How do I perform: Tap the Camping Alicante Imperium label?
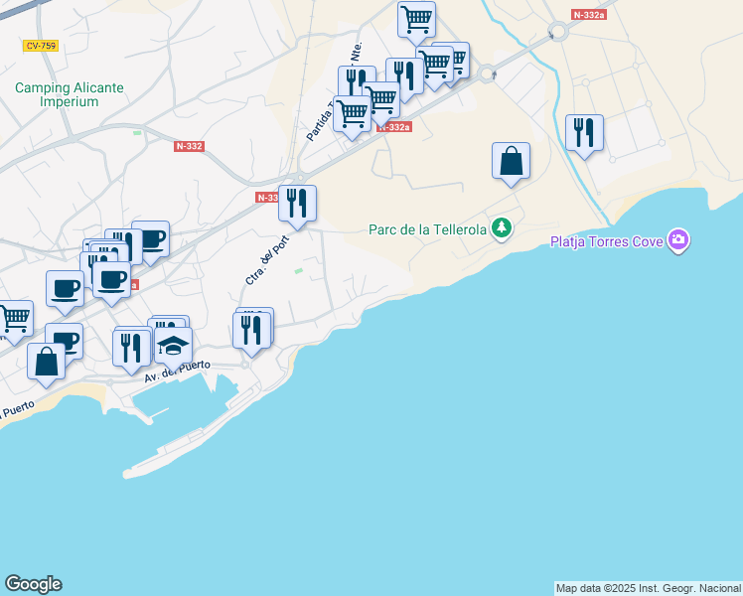tap(70, 94)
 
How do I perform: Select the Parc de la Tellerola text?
tap(427, 229)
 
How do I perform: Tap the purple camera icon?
tap(678, 239)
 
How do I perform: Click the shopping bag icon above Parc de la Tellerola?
tap(511, 161)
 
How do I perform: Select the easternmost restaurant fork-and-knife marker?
tap(584, 133)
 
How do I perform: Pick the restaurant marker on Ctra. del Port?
tap(297, 204)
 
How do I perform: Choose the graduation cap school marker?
tap(174, 345)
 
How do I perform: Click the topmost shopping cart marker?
tap(416, 20)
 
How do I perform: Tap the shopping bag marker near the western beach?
tap(47, 362)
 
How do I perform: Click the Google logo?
tap(33, 584)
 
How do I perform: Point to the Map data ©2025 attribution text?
tap(647, 587)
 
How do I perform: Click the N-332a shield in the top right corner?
tap(589, 15)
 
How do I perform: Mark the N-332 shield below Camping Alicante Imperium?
tap(189, 146)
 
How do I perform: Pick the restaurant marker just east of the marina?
tap(252, 328)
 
